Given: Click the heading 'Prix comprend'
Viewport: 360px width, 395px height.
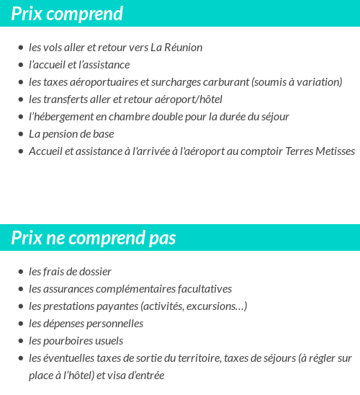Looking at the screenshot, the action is (x=67, y=14).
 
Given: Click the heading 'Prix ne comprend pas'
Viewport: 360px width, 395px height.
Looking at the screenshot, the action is (x=94, y=238).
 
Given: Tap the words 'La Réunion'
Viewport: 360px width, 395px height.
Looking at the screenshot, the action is (x=176, y=48).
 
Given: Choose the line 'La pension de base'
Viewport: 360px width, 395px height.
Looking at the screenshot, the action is (x=71, y=134).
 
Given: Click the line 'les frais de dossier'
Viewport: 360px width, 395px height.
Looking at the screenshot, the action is (x=70, y=272).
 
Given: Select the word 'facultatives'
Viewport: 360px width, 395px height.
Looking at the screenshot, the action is (x=204, y=289).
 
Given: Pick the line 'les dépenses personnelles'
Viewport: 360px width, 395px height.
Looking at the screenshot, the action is (x=86, y=324).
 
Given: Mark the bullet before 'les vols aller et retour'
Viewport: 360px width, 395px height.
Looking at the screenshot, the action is (x=20, y=48).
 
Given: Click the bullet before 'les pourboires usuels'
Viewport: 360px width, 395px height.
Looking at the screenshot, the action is (x=20, y=342).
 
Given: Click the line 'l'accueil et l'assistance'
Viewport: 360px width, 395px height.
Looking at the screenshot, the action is (x=79, y=65).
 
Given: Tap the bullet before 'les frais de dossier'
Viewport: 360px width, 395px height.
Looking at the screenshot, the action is (x=20, y=272).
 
